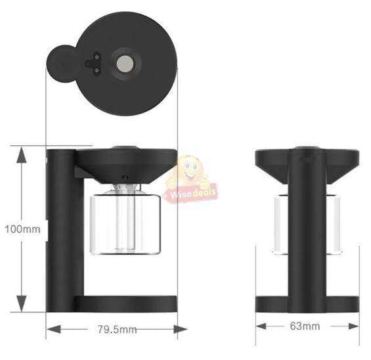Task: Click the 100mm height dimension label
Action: (x=22, y=229)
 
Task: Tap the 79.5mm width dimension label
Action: (x=118, y=329)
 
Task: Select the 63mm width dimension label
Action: (x=305, y=326)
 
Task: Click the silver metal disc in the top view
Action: (x=125, y=64)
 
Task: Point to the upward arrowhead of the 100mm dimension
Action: (x=22, y=154)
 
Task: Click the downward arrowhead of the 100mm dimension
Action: (x=22, y=304)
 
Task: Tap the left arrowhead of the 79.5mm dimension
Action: (x=54, y=329)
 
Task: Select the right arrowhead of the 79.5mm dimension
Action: (x=181, y=329)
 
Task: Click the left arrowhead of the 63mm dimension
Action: (x=261, y=326)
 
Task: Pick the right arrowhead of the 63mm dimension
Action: (x=354, y=326)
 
